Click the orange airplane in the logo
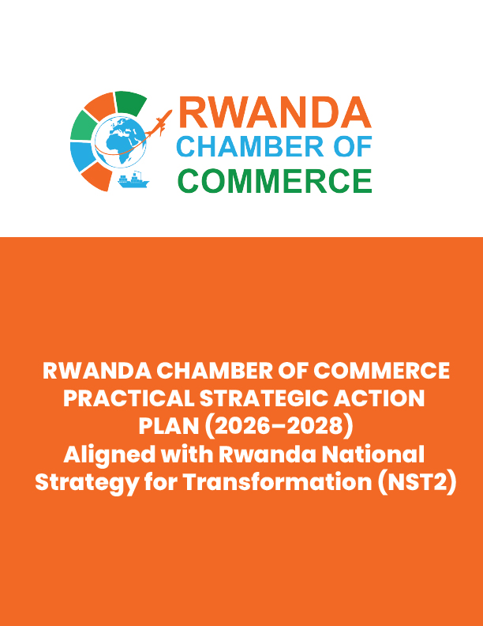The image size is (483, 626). (x=159, y=123)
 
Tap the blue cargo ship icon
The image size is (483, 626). (x=133, y=180)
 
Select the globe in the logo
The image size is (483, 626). (x=121, y=141)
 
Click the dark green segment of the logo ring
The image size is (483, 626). (x=129, y=102)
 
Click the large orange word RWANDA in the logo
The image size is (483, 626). (x=275, y=112)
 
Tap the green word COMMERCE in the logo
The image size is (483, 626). (x=275, y=181)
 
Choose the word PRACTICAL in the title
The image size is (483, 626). (x=129, y=398)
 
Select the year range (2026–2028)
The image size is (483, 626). (x=279, y=426)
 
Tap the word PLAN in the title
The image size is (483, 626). (x=169, y=426)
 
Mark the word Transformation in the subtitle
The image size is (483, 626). (x=278, y=482)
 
